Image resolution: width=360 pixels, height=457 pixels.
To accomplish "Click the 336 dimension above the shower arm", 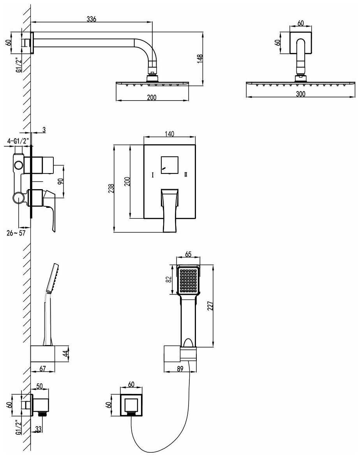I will [91, 18].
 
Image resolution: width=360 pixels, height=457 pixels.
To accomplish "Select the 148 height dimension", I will [200, 59].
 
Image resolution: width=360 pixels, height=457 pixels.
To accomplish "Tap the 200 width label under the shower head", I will [152, 97].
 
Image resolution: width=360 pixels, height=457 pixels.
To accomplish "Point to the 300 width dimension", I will [300, 94].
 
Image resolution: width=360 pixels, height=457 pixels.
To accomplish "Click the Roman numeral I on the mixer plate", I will [153, 175].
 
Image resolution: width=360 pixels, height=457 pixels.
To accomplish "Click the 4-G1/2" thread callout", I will [17, 141].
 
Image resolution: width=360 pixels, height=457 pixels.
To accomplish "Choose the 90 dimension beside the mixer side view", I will [60, 181].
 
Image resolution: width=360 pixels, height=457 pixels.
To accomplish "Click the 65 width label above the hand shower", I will [188, 254].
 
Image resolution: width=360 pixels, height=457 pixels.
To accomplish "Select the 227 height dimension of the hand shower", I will [210, 306].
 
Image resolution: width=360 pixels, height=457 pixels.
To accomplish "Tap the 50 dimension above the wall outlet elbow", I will [39, 386].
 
